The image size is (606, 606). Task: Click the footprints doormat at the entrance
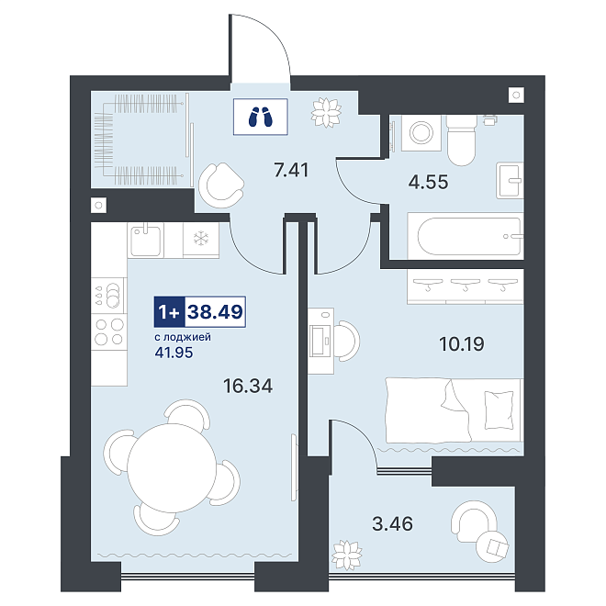(x=260, y=117)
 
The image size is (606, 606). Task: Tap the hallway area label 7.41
(x=291, y=170)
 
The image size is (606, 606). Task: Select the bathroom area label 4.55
(x=428, y=182)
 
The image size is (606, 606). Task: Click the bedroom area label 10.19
(x=462, y=343)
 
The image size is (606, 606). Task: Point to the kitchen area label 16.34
(x=248, y=386)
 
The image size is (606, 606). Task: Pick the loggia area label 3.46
(x=392, y=523)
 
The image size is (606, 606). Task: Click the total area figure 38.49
(x=215, y=311)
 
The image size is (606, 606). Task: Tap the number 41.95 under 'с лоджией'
(x=174, y=353)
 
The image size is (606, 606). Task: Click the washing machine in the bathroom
(x=421, y=132)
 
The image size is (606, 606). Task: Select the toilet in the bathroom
(x=461, y=140)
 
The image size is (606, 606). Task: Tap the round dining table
(x=173, y=468)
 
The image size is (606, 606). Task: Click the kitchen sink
(x=145, y=240)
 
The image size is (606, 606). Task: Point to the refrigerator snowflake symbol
(x=201, y=238)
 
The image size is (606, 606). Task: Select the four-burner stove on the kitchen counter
(x=109, y=331)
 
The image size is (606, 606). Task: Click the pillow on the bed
(x=499, y=410)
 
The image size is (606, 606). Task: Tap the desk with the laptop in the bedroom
(x=321, y=341)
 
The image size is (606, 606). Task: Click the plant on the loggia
(x=347, y=555)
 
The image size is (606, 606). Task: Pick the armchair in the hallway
(x=221, y=185)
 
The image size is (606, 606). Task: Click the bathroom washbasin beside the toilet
(x=510, y=181)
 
